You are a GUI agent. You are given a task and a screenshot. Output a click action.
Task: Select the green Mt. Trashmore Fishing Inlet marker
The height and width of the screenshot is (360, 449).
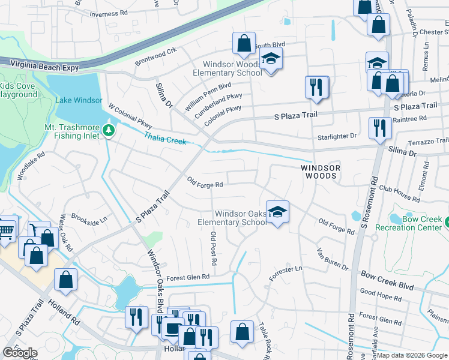108,130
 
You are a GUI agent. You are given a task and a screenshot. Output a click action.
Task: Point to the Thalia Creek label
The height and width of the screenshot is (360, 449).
164,139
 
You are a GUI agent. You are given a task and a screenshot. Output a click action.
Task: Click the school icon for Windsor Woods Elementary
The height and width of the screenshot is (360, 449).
271,61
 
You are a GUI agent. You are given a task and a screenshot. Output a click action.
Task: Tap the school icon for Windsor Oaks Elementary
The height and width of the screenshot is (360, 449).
277,212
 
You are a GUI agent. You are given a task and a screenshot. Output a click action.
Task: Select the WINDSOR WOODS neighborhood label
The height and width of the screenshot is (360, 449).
320,172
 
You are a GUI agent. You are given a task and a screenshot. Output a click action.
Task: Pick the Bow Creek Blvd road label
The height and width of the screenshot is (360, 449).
387,280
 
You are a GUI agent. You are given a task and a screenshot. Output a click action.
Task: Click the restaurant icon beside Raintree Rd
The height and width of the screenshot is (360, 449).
379,128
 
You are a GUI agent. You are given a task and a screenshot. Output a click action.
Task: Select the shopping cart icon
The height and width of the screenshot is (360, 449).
7,229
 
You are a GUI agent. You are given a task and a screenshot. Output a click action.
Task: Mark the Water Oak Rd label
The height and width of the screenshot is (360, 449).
66,233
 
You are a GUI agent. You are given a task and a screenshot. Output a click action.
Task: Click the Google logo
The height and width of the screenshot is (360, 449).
20,353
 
